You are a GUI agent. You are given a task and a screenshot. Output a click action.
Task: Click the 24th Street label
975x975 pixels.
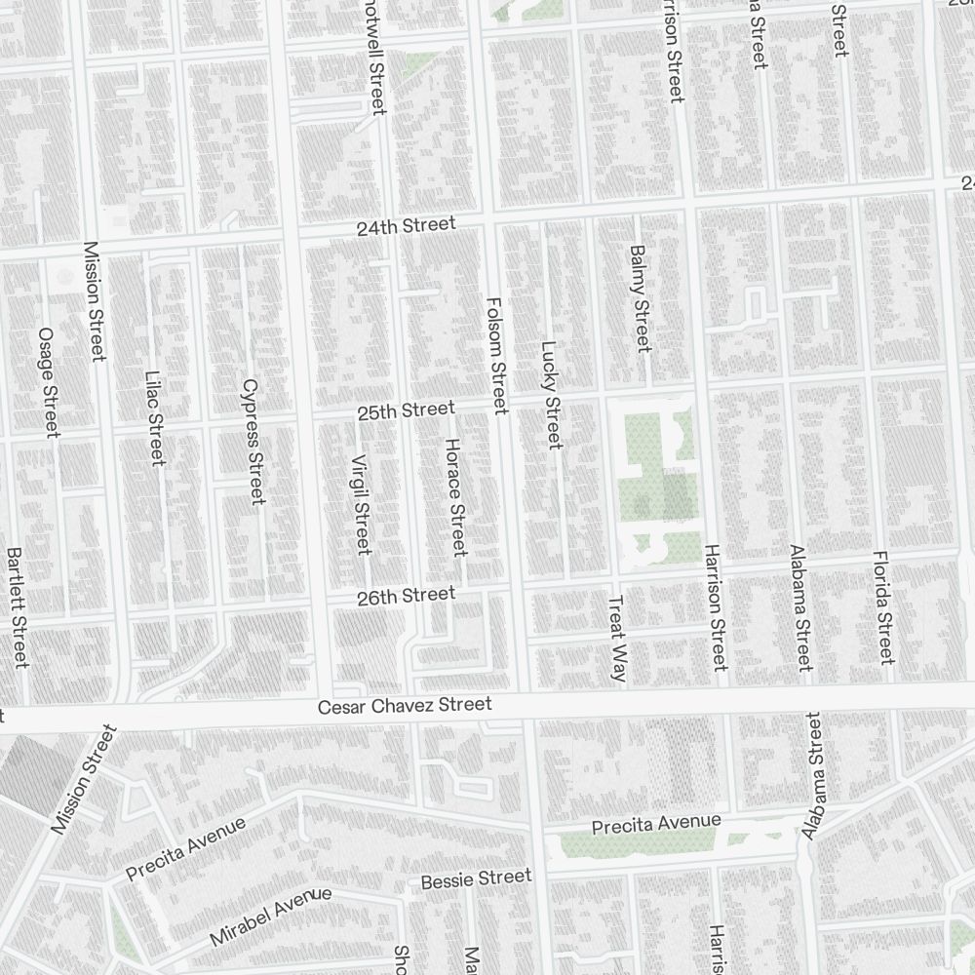click(406, 225)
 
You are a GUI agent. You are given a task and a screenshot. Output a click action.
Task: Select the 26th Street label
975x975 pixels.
click(406, 596)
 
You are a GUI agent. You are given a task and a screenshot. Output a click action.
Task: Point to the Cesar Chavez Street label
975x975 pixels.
click(405, 706)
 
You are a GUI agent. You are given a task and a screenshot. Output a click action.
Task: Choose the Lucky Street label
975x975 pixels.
click(551, 395)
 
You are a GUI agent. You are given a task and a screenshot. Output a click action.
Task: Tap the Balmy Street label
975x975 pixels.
click(639, 297)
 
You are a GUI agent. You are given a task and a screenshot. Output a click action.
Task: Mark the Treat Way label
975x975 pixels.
click(617, 639)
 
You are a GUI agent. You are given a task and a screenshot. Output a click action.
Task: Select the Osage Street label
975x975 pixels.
click(47, 381)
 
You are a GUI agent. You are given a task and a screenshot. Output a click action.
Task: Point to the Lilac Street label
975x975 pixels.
click(154, 417)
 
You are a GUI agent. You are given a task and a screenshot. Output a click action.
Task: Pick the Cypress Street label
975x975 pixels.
click(252, 442)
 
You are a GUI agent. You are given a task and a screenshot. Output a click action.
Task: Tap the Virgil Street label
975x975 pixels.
click(361, 504)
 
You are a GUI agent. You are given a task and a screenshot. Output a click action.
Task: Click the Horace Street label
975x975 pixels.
click(455, 497)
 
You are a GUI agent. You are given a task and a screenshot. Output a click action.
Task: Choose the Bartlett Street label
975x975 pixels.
click(17, 607)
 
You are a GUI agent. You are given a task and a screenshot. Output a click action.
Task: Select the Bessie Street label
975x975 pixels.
click(476, 878)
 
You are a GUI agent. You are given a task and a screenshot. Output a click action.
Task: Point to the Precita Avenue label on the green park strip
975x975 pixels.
click(656, 825)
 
